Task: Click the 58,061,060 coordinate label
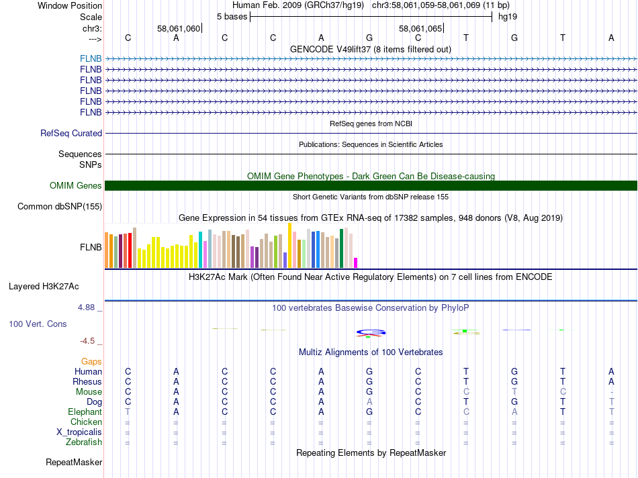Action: (179, 29)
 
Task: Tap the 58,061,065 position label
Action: (420, 29)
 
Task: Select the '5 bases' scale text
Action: (232, 16)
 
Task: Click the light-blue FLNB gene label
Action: (91, 58)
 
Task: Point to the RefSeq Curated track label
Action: (71, 134)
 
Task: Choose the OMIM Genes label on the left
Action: (76, 186)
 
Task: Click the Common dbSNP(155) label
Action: (60, 207)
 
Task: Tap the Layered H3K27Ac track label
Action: (44, 286)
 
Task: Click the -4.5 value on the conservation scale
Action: (89, 341)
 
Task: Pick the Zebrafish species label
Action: (84, 442)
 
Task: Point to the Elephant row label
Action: (85, 412)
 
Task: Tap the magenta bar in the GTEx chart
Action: (356, 262)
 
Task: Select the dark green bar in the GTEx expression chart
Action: (342, 248)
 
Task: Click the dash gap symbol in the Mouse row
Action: (611, 392)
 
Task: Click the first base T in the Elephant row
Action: (128, 412)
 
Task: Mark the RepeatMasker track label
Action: (74, 463)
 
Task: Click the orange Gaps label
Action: (91, 362)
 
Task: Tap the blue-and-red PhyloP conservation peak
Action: (370, 332)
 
